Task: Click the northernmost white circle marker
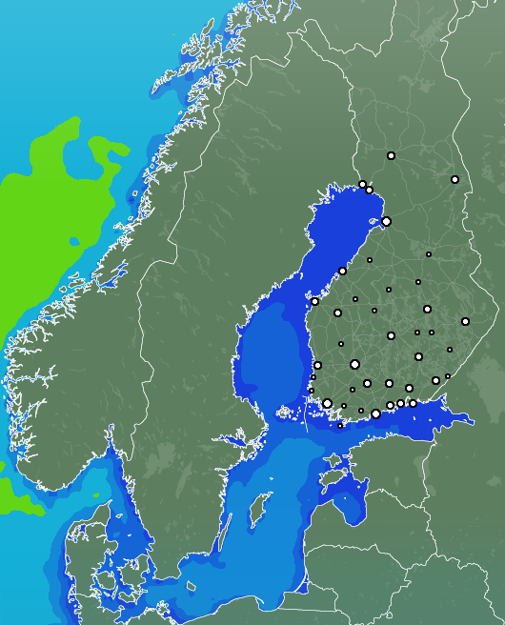coord(391,155)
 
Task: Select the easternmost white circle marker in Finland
coord(465,321)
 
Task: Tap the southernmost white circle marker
coord(340,426)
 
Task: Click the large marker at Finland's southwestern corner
coord(327,403)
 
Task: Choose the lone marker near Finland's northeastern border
coord(454,179)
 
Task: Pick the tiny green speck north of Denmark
coord(96,495)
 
